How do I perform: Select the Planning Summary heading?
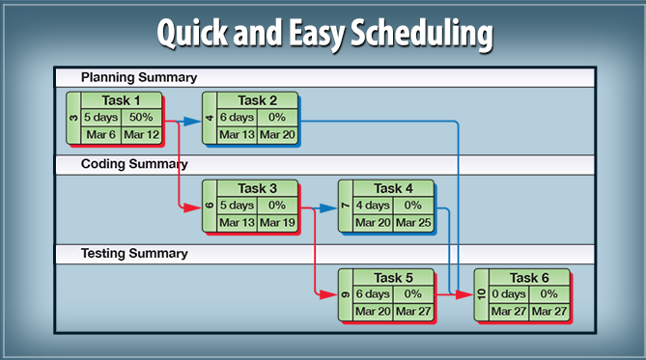tap(139, 77)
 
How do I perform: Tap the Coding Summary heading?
tap(134, 165)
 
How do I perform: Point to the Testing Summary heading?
tap(134, 254)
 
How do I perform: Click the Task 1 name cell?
tap(122, 100)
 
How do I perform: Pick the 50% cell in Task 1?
tap(142, 117)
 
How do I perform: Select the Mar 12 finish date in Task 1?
tap(142, 134)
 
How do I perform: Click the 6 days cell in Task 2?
tap(237, 117)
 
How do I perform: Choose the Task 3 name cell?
tap(258, 188)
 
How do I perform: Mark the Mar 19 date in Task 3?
tap(277, 222)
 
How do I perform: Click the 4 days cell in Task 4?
tap(372, 205)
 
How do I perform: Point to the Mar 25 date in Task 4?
tap(413, 222)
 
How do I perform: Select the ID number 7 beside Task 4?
tap(345, 206)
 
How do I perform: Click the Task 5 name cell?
tap(394, 278)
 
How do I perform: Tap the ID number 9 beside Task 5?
tap(345, 294)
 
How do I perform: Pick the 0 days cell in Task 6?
tap(508, 293)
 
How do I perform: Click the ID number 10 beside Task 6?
tap(481, 294)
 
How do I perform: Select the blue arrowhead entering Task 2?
tap(197, 122)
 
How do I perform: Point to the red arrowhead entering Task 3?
tap(197, 207)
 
